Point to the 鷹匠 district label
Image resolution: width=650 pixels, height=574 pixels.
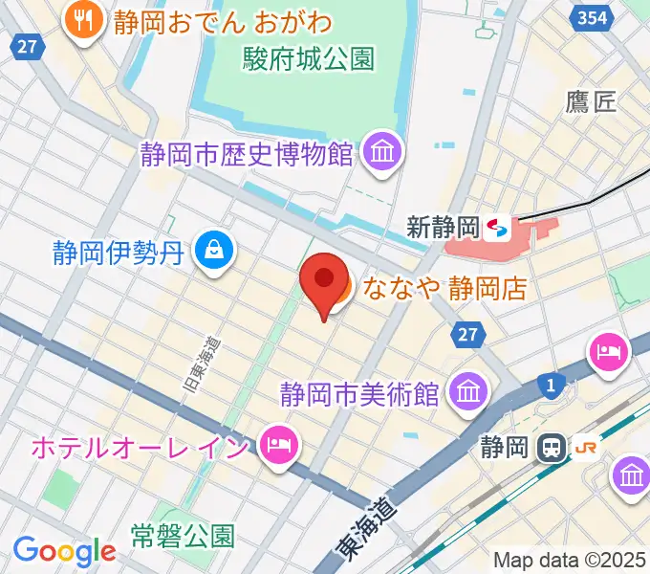click(x=591, y=102)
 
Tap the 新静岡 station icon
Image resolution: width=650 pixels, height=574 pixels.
click(x=497, y=228)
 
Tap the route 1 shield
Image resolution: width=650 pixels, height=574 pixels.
click(x=551, y=385)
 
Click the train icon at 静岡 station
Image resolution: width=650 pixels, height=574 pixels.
click(x=552, y=446)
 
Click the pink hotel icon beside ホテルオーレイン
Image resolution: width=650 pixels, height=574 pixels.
click(x=276, y=445)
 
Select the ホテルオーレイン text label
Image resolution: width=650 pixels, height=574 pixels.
click(x=141, y=446)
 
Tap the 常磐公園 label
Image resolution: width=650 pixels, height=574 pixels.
click(x=183, y=535)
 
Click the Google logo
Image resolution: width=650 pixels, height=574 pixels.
click(x=64, y=551)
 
